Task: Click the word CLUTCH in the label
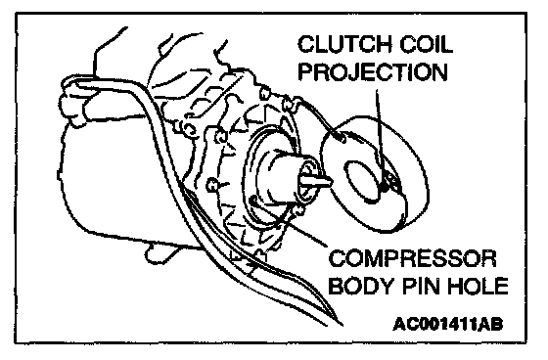coord(344,44)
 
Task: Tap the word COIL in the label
coord(426,44)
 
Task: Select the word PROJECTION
coord(373,72)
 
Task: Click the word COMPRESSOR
coord(412,258)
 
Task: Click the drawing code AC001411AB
coord(448,324)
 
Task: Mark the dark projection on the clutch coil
coord(386,186)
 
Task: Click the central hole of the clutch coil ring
coord(363,182)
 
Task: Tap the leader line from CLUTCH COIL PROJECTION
coord(381,136)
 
